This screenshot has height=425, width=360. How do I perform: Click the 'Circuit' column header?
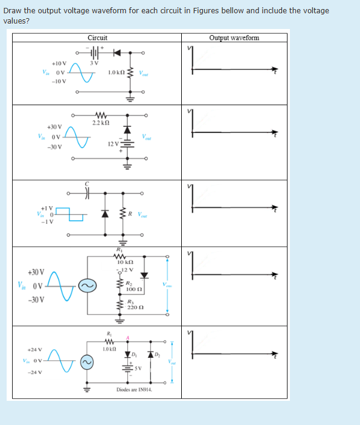(x=97, y=37)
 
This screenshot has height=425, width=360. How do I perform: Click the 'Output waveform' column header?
(x=234, y=37)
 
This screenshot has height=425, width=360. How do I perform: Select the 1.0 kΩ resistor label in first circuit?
(x=116, y=73)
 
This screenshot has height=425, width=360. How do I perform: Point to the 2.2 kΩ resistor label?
(x=100, y=123)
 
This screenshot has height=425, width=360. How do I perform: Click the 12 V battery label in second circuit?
(x=113, y=143)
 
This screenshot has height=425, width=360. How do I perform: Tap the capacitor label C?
(x=86, y=184)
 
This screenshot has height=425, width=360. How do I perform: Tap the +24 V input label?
(x=34, y=349)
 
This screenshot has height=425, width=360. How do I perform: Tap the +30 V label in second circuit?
(x=54, y=127)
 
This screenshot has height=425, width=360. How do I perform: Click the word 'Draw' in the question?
(x=13, y=11)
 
